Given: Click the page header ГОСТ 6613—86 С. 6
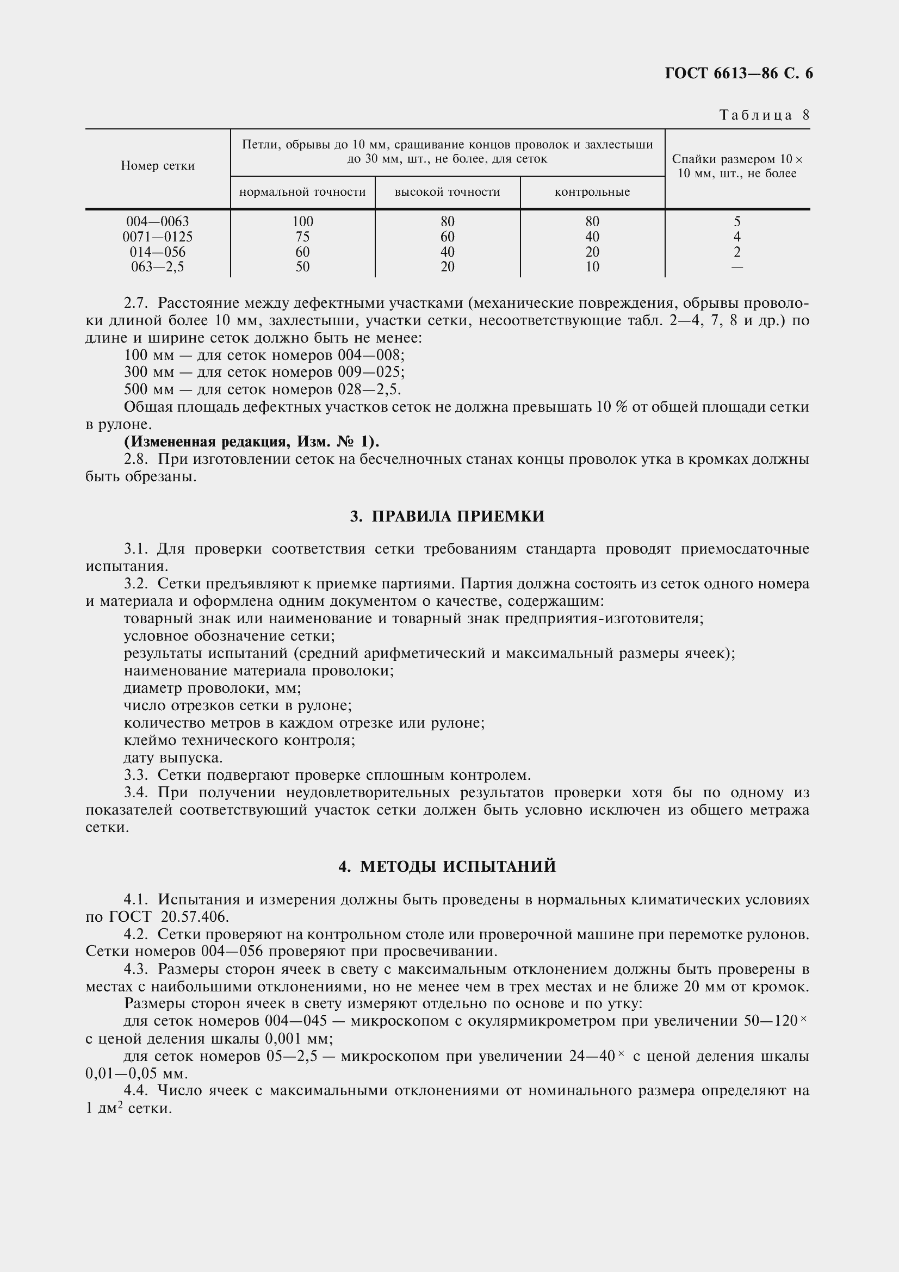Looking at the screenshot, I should pos(739,73).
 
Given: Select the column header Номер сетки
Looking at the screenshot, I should pos(158,166).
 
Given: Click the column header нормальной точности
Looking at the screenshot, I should pos(302,192).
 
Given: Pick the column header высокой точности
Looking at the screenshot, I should pos(447,192).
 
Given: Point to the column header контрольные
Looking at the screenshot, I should pos(592,192).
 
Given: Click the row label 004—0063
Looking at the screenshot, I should pos(158,221).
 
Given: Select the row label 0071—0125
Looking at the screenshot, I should pos(158,237).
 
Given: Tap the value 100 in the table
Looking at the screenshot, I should pos(302,221).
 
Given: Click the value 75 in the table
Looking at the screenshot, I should pos(302,237).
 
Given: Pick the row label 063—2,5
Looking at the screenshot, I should pos(158,267).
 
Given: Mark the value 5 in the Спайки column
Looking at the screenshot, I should pos(737,221).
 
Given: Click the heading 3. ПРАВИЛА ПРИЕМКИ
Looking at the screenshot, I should pos(447,516).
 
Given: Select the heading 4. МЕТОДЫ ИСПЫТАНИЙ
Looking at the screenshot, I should pos(447,866).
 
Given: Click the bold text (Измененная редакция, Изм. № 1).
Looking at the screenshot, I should pos(251,442).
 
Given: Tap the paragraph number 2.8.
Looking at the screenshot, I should pos(136,460).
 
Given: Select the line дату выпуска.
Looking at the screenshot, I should pos(173,758).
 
